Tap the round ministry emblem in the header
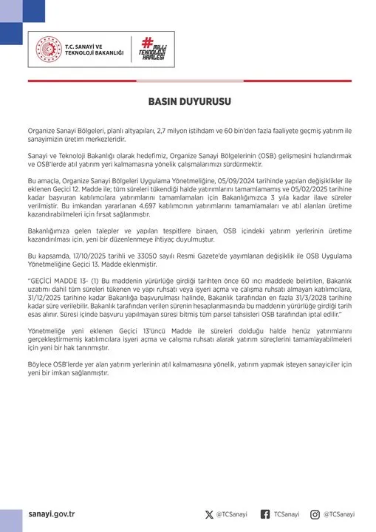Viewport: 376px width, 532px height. click(x=48, y=49)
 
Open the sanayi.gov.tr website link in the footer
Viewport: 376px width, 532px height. click(x=52, y=514)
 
